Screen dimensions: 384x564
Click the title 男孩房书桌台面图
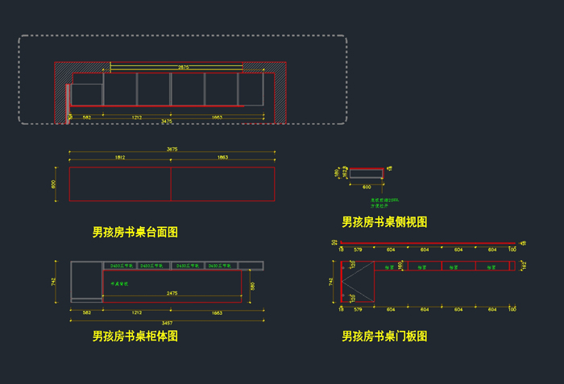(x=135, y=233)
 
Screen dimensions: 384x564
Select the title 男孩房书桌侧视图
(x=384, y=222)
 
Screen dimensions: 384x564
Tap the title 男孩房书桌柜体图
(x=135, y=337)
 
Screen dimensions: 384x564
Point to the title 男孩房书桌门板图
(x=384, y=337)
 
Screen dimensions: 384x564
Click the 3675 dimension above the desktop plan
(x=172, y=149)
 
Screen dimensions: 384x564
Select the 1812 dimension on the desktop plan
(x=120, y=158)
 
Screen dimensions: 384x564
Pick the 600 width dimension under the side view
(x=367, y=186)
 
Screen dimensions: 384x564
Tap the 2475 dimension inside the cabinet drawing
(x=172, y=294)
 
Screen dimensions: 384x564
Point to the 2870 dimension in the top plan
(x=183, y=68)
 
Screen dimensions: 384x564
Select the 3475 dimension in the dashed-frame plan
(x=167, y=122)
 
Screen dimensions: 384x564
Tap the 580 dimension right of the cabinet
(x=252, y=286)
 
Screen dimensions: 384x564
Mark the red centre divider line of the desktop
(x=171, y=184)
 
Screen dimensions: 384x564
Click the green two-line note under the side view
(x=384, y=203)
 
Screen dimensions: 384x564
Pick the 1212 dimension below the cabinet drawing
(x=137, y=312)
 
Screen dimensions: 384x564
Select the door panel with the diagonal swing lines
(x=359, y=282)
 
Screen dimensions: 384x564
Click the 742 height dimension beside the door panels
(x=331, y=282)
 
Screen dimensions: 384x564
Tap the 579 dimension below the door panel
(x=359, y=308)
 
